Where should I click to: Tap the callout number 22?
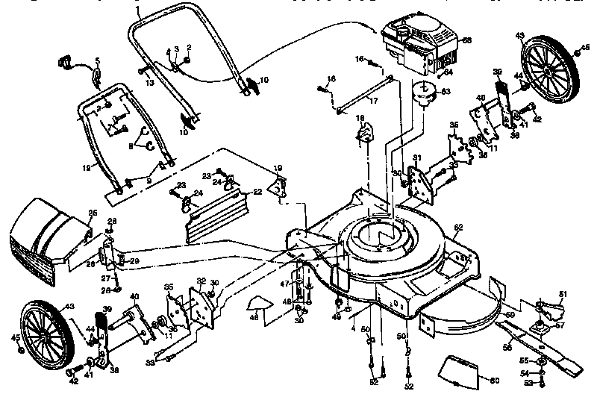coord(257,192)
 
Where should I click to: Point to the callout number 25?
coord(93,213)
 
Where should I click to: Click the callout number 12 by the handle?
coord(87,168)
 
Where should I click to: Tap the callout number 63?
coord(446,92)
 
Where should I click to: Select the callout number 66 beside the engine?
coord(467,40)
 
